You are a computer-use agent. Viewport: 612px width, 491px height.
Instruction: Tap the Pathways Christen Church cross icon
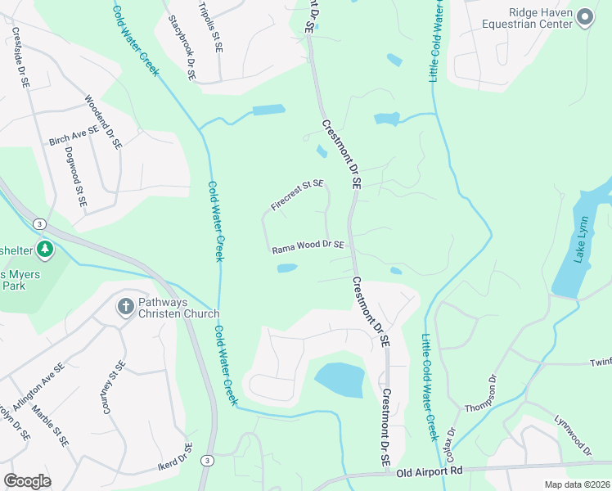click(125, 306)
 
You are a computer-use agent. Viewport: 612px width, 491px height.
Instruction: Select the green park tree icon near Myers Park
click(46, 248)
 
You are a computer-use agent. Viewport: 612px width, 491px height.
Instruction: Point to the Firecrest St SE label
click(297, 196)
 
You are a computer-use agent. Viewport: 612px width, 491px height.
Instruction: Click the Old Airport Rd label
click(430, 471)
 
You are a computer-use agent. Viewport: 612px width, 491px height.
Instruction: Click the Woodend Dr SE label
click(103, 122)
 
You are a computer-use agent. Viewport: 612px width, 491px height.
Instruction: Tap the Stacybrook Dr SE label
click(182, 47)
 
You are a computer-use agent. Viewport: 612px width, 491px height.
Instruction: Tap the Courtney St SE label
click(114, 388)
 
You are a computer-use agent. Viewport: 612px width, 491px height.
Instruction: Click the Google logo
click(27, 481)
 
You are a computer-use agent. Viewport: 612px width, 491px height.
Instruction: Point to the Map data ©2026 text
click(578, 484)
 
